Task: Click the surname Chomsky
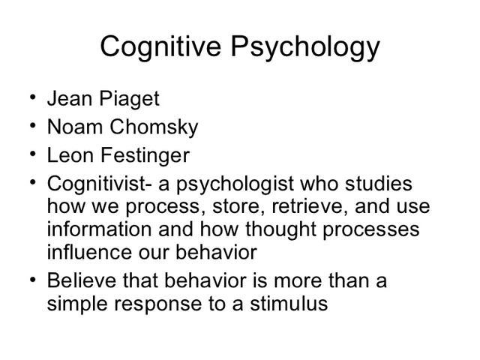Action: point(154,128)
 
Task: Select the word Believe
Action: point(80,282)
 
